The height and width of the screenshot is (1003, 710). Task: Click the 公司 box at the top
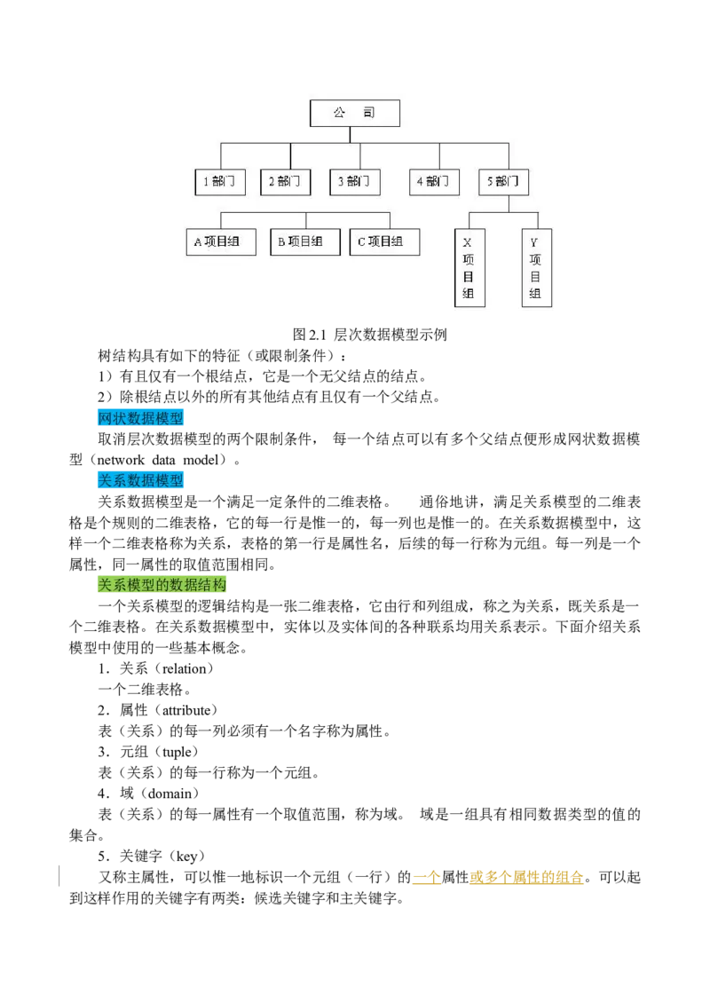pyautogui.click(x=355, y=113)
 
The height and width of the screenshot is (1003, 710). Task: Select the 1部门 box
pyautogui.click(x=219, y=182)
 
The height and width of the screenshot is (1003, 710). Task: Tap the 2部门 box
pyautogui.click(x=285, y=182)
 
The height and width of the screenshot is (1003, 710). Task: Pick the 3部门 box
pyautogui.click(x=354, y=182)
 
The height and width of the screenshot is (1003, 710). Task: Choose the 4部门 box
pyautogui.click(x=434, y=182)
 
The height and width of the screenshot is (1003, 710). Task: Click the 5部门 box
pyautogui.click(x=503, y=182)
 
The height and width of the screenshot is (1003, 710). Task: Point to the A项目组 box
pyautogui.click(x=221, y=241)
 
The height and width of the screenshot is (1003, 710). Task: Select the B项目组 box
pyautogui.click(x=304, y=241)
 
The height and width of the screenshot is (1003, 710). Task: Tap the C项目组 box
pyautogui.click(x=384, y=241)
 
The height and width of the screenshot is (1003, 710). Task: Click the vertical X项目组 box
pyautogui.click(x=469, y=268)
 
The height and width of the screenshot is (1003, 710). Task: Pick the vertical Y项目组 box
pyautogui.click(x=536, y=268)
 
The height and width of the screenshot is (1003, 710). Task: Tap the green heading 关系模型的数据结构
pyautogui.click(x=162, y=586)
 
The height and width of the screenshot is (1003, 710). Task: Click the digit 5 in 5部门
pyautogui.click(x=490, y=182)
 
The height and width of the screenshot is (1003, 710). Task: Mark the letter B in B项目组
pyautogui.click(x=281, y=241)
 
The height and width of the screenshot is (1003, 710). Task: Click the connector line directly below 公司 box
pyautogui.click(x=351, y=134)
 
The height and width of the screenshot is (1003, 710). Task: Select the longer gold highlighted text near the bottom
pyautogui.click(x=526, y=878)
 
